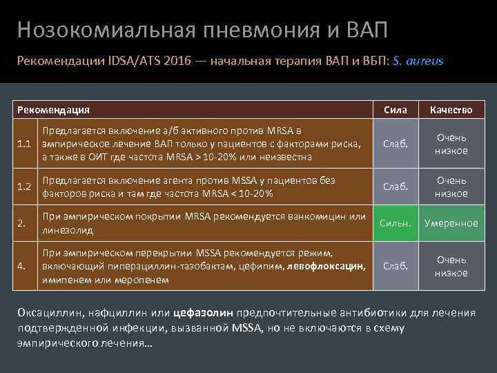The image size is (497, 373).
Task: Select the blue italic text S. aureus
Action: (418, 61)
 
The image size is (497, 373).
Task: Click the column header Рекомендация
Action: (53, 110)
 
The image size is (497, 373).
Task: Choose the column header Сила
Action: (396, 110)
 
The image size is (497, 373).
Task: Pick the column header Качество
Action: (451, 110)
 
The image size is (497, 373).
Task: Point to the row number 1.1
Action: (26, 144)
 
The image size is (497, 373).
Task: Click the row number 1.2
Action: (26, 186)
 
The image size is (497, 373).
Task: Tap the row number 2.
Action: (21, 223)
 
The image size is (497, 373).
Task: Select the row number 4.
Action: (21, 266)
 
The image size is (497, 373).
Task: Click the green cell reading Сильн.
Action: (396, 223)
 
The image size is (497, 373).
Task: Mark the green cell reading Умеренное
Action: (451, 223)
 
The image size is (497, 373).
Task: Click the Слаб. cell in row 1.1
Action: (396, 144)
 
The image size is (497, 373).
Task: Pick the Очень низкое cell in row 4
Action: (451, 266)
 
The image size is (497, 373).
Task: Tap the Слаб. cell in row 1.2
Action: (396, 186)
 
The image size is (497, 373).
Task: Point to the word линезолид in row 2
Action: (67, 229)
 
